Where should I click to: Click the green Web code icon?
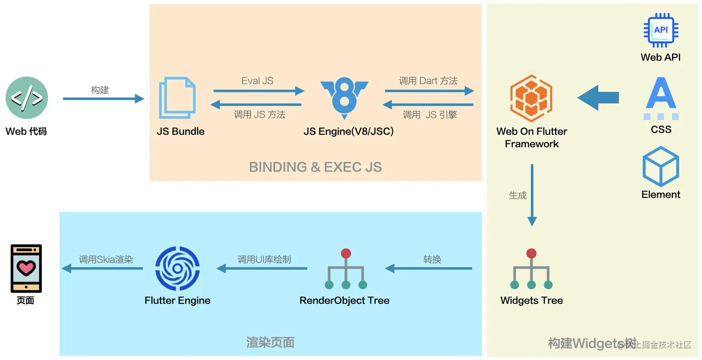(x=26, y=98)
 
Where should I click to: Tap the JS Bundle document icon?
(x=177, y=98)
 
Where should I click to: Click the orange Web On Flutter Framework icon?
(x=532, y=98)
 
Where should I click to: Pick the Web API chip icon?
(x=661, y=30)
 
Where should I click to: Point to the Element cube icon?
(x=661, y=166)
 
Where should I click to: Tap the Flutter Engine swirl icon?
(x=177, y=268)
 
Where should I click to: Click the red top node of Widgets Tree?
(x=531, y=253)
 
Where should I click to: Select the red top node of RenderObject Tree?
(x=346, y=253)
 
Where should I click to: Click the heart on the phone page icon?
(x=26, y=268)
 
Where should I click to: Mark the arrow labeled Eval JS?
(x=259, y=91)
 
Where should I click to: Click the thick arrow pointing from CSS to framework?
(x=598, y=98)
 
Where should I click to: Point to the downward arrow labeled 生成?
(x=532, y=195)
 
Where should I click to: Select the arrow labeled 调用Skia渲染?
(x=103, y=268)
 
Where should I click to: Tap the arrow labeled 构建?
(x=104, y=99)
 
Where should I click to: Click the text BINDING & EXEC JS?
(x=315, y=167)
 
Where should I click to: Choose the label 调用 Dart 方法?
(x=428, y=80)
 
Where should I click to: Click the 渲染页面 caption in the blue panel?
(x=270, y=342)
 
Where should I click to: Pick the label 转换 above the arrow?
(x=432, y=259)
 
